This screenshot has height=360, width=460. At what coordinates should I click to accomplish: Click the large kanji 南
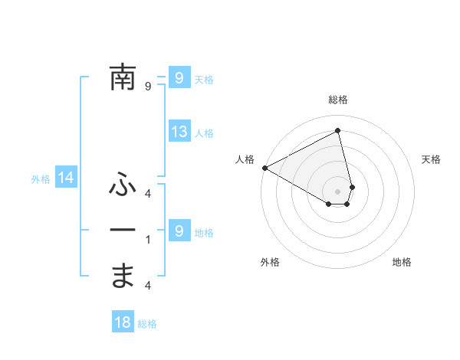[123, 77]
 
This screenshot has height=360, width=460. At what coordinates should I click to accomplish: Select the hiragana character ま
[123, 276]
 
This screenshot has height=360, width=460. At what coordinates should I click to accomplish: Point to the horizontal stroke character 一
[123, 231]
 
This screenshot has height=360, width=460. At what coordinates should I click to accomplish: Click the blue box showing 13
[179, 132]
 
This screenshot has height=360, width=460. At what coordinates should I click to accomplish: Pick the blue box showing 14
[66, 178]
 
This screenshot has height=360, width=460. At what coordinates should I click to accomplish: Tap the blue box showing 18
[123, 322]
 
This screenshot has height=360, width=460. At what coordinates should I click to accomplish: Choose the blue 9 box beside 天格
[179, 77]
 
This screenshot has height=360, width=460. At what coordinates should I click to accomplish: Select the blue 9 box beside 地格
[179, 231]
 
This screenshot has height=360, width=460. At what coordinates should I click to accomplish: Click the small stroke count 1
[148, 240]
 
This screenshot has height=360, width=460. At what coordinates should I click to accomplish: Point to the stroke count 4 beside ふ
[148, 193]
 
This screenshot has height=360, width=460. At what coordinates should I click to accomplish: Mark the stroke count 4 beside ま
[148, 286]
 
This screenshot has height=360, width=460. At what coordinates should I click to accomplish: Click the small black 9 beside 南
[148, 87]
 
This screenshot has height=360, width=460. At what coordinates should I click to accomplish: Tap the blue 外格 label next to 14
[41, 179]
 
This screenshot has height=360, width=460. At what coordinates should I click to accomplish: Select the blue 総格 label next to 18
[147, 324]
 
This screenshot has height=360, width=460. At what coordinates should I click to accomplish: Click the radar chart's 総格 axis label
[338, 100]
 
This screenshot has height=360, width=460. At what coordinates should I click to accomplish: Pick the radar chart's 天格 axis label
[431, 159]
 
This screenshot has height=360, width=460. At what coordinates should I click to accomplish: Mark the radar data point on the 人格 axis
[264, 168]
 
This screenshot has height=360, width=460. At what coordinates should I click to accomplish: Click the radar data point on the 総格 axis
[338, 130]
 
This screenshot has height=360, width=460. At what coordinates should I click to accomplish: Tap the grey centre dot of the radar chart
[338, 191]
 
